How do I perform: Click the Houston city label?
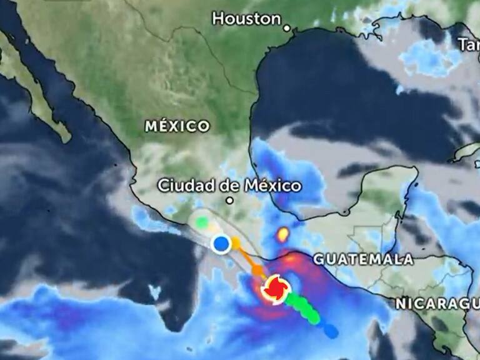246,19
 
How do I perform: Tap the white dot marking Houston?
287,27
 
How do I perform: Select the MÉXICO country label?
177,126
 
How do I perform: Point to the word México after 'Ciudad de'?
274,186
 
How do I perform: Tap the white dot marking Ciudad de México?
229,201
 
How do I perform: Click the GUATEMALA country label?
363,259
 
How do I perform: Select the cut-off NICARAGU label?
437,304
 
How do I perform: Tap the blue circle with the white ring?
220,244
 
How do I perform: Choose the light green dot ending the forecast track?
201,221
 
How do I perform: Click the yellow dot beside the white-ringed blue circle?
236,241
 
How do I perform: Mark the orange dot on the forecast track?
257,270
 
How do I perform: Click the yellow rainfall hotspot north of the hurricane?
283,234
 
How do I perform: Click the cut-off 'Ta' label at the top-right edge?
469,44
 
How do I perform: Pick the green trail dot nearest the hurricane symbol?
291,300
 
